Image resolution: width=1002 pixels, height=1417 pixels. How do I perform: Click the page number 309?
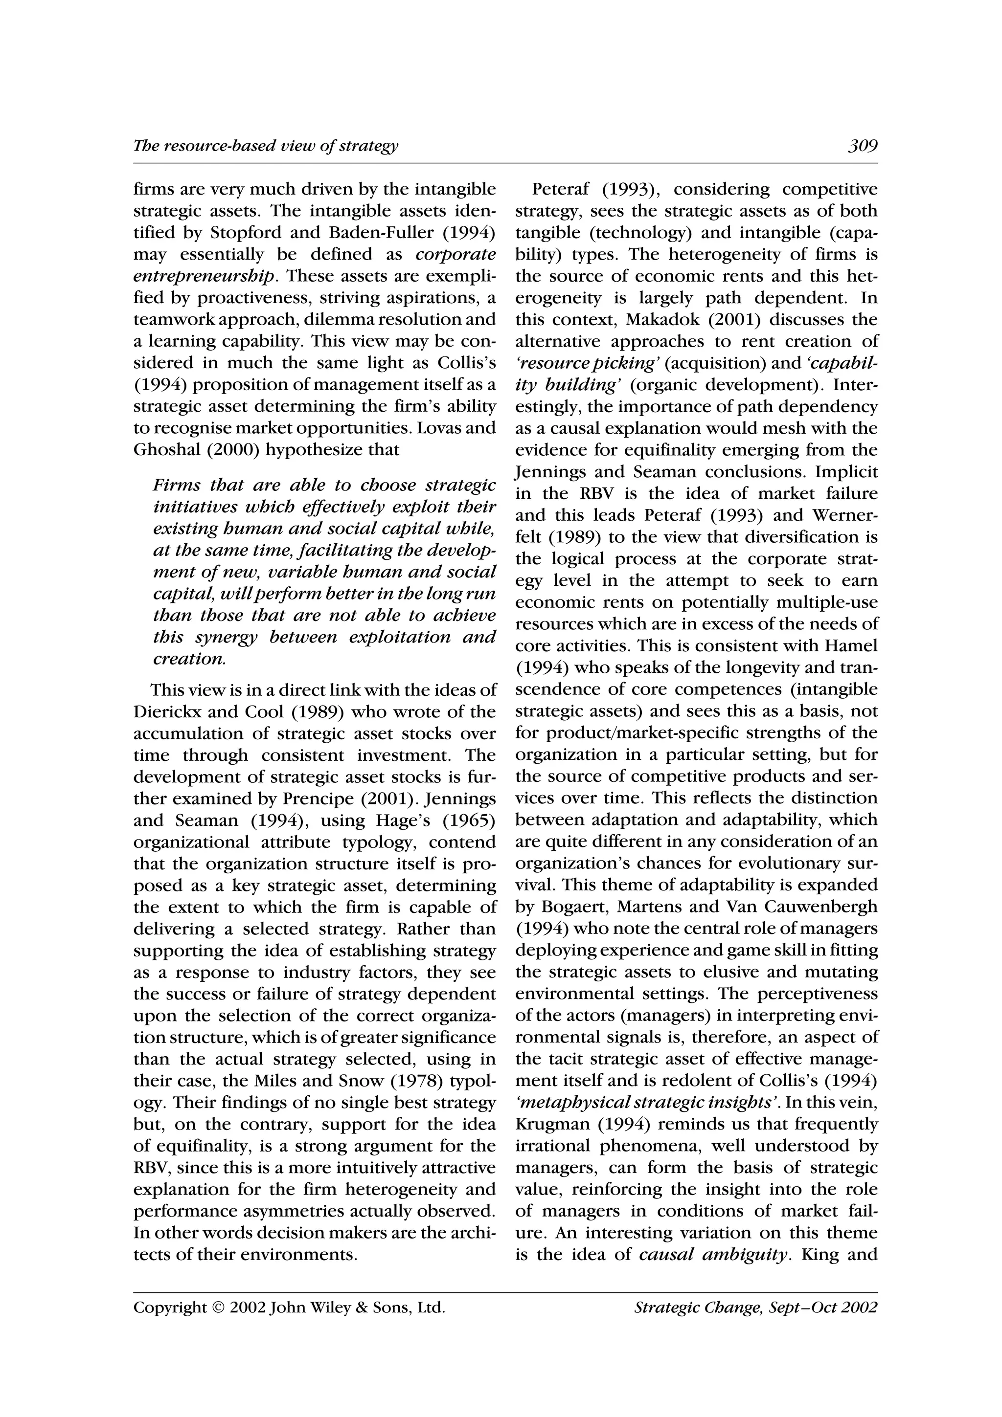(x=862, y=146)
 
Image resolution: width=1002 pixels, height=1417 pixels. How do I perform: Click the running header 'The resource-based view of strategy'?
(x=266, y=146)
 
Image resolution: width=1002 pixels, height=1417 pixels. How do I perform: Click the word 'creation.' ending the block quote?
(x=189, y=659)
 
